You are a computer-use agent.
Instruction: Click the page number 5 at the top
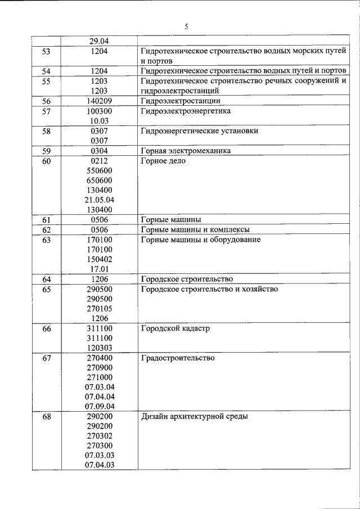pyautogui.click(x=186, y=26)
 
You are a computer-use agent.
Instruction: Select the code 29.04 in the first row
pyautogui.click(x=100, y=40)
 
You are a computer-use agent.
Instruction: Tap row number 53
pyautogui.click(x=46, y=51)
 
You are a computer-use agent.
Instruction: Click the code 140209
pyautogui.click(x=100, y=101)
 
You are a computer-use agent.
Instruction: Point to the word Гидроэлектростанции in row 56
pyautogui.click(x=179, y=101)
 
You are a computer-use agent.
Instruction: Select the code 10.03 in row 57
pyautogui.click(x=100, y=121)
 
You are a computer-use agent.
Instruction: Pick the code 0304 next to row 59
pyautogui.click(x=100, y=151)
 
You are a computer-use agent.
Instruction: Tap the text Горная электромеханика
pyautogui.click(x=186, y=151)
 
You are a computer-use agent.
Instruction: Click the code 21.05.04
pyautogui.click(x=100, y=200)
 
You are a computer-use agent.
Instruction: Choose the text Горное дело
pyautogui.click(x=163, y=161)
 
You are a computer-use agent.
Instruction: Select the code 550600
pyautogui.click(x=100, y=170)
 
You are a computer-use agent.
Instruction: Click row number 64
pyautogui.click(x=46, y=279)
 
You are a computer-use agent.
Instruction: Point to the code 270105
pyautogui.click(x=100, y=308)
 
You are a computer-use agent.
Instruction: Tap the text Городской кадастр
pyautogui.click(x=175, y=328)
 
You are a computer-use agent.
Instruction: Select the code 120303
pyautogui.click(x=100, y=348)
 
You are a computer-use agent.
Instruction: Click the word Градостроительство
pyautogui.click(x=178, y=358)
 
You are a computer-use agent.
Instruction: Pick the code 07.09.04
pyautogui.click(x=100, y=406)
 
